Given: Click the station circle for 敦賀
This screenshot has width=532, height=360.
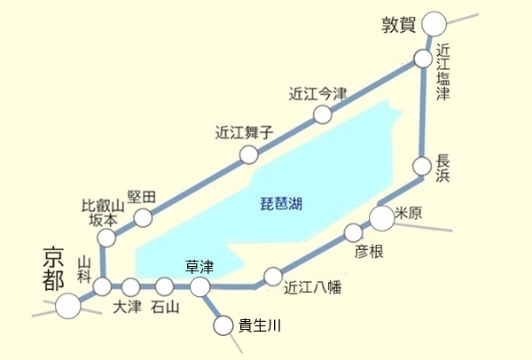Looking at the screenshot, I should tap(434, 24).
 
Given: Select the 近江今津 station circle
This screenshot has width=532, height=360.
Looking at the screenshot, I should tap(323, 114).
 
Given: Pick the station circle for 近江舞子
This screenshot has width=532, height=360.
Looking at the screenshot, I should tap(249, 156).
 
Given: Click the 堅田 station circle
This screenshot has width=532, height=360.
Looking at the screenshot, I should tap(142, 217).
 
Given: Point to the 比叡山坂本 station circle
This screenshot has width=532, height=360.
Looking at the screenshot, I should tap(106, 238).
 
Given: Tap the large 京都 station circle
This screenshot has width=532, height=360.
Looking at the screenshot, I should tap(67, 306).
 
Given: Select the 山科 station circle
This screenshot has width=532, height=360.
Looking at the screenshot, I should tap(103, 286).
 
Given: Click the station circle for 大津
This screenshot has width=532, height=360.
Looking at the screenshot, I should tap(131, 286).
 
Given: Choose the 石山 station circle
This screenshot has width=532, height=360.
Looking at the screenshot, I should tap(164, 286).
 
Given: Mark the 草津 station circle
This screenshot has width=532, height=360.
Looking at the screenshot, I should tap(200, 286).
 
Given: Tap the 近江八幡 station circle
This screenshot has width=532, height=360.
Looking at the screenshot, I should tap(273, 276).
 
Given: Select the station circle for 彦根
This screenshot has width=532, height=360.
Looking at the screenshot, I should tap(353, 233).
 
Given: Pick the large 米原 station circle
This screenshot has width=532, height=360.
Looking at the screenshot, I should tap(381, 216).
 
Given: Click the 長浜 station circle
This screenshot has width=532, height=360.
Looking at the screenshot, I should tap(422, 166).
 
